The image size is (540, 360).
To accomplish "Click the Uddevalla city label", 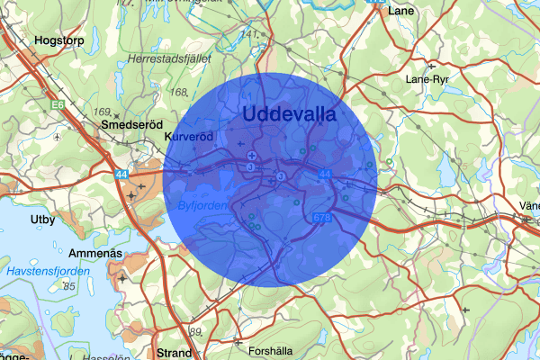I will [x=288, y=115].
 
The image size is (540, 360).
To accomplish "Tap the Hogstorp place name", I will [x=59, y=40].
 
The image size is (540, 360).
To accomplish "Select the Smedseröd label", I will [x=130, y=124].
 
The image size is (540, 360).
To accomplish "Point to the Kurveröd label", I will [x=192, y=137].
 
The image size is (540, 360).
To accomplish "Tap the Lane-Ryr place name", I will [x=427, y=79].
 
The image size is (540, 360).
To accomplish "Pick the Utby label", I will [x=42, y=220].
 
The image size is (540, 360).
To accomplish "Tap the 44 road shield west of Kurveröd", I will [x=122, y=171].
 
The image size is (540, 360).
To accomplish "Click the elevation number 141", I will [x=249, y=34].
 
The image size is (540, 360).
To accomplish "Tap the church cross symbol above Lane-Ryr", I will [x=432, y=65].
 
